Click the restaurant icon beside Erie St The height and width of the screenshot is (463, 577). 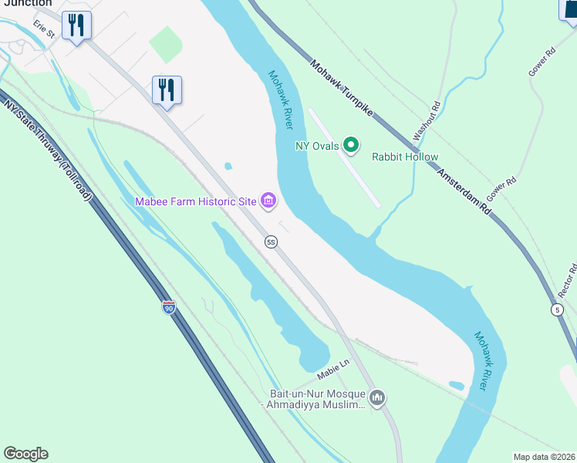(x=76, y=25)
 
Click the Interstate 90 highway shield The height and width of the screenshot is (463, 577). (x=169, y=307)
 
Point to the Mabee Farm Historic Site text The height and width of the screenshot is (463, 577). (x=195, y=202)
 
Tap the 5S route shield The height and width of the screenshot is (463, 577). (x=271, y=242)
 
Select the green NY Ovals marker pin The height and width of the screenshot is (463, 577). (x=351, y=144)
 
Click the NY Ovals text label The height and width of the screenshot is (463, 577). (x=317, y=146)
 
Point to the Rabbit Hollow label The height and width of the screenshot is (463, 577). (x=405, y=157)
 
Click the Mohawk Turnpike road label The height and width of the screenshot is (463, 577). (x=342, y=90)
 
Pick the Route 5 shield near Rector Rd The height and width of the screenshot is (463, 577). (x=557, y=309)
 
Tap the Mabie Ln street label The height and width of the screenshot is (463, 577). (x=334, y=373)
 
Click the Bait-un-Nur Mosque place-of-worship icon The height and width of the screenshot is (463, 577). (x=377, y=398)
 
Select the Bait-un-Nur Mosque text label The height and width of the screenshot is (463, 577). (x=312, y=399)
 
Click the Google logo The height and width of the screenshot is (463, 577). (x=25, y=454)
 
